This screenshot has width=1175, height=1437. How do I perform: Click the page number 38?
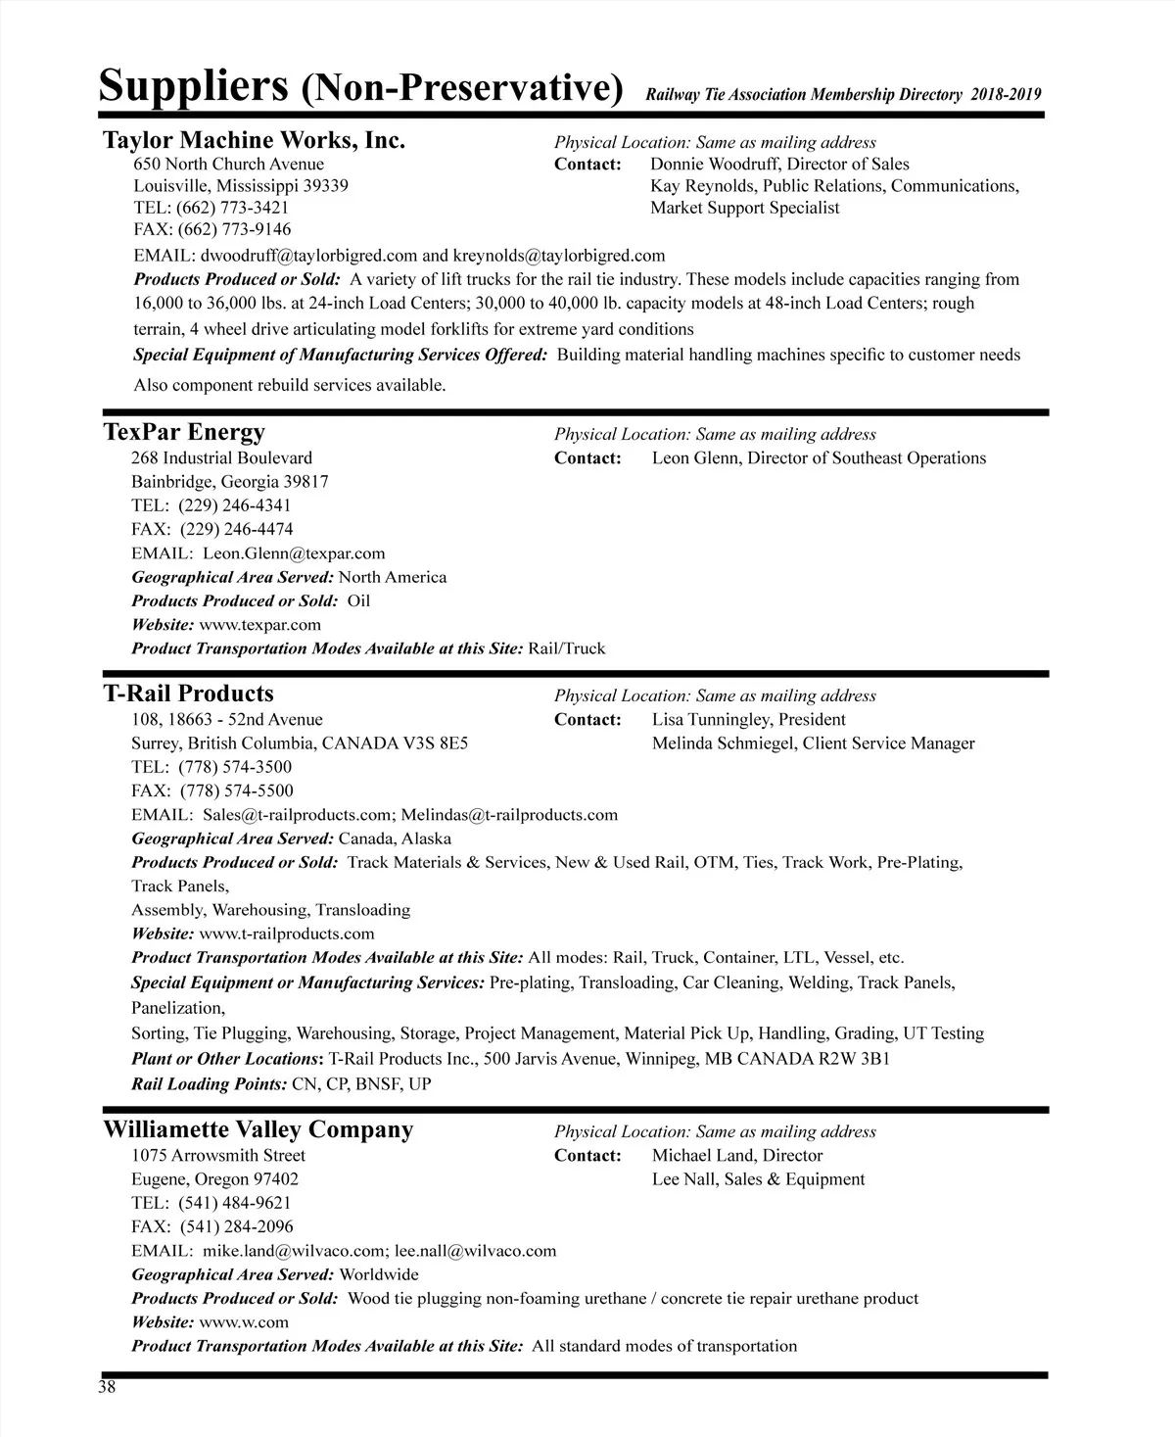pyautogui.click(x=107, y=1386)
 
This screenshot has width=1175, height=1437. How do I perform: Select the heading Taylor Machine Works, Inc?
pyautogui.click(x=254, y=140)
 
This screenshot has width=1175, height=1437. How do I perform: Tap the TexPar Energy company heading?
pyautogui.click(x=184, y=432)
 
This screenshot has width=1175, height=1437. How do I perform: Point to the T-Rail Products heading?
pyautogui.click(x=188, y=694)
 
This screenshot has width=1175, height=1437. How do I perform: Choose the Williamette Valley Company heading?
pyautogui.click(x=258, y=1129)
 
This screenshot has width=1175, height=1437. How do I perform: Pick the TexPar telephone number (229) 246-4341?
pyautogui.click(x=235, y=505)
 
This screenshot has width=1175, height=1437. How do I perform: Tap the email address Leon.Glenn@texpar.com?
pyautogui.click(x=294, y=553)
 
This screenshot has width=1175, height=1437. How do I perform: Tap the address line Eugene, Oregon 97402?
pyautogui.click(x=215, y=1179)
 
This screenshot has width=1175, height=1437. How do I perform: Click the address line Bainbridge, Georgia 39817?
pyautogui.click(x=230, y=482)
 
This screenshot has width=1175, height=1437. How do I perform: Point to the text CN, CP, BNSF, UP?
pyautogui.click(x=361, y=1084)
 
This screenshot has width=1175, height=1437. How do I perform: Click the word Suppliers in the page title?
pyautogui.click(x=193, y=86)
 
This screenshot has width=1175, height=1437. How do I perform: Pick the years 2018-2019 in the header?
pyautogui.click(x=1007, y=95)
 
